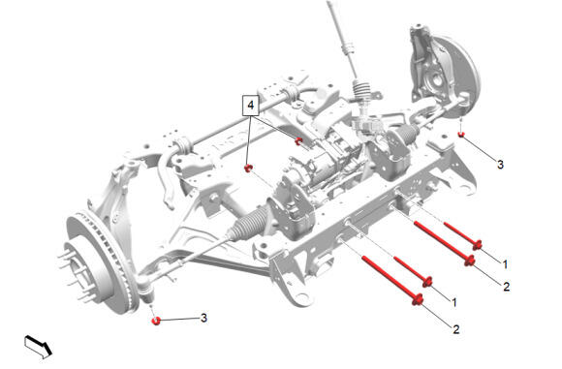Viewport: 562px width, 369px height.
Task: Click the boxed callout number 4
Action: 251,106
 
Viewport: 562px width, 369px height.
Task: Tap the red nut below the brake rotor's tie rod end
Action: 156,321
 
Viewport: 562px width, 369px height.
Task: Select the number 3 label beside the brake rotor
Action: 203,318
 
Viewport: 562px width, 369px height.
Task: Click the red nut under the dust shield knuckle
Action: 461,135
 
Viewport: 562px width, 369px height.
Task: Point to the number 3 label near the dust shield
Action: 500,165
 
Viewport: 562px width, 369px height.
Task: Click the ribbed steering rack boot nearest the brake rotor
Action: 248,222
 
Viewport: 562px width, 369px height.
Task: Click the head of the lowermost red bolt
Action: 418,299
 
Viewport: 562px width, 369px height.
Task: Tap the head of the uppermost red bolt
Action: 477,245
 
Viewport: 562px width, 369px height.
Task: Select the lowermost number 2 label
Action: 456,329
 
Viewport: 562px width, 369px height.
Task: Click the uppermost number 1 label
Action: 505,264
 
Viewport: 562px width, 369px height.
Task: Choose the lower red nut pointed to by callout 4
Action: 248,168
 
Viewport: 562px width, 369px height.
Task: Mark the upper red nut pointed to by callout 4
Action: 298,140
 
